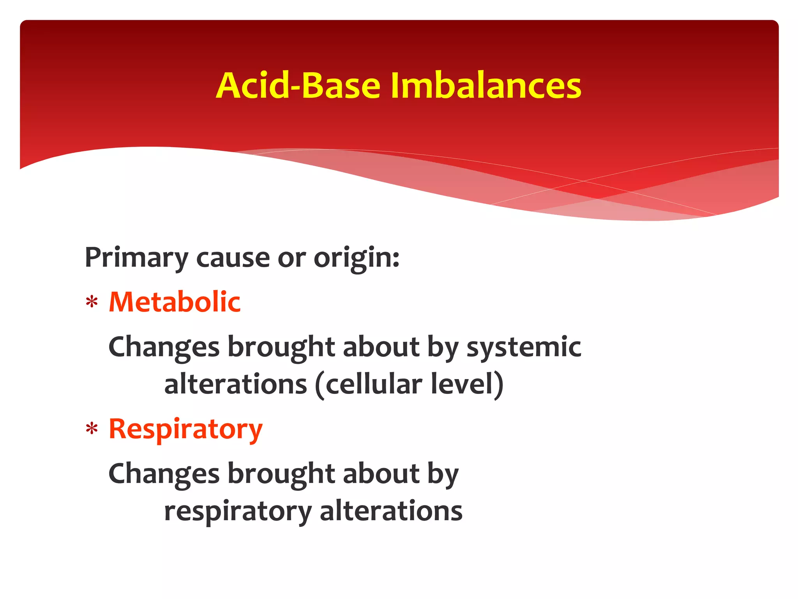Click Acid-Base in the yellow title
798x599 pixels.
[298, 86]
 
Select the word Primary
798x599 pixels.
[136, 258]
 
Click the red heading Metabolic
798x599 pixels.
[175, 302]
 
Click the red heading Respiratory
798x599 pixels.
[185, 429]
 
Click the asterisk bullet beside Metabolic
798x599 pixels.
[92, 303]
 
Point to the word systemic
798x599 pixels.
[524, 347]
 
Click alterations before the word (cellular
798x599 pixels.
[236, 385]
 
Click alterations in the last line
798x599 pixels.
[391, 511]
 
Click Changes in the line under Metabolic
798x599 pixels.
[164, 347]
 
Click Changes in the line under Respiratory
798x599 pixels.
[164, 474]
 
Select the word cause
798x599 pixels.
[233, 258]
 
